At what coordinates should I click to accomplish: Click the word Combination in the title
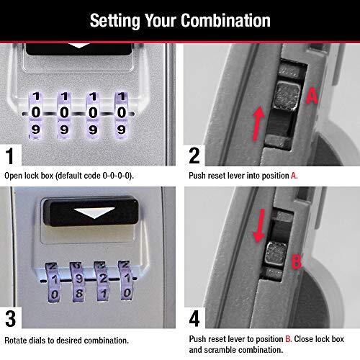(225, 20)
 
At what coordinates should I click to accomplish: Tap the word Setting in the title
(114, 20)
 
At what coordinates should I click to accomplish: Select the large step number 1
(10, 156)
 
